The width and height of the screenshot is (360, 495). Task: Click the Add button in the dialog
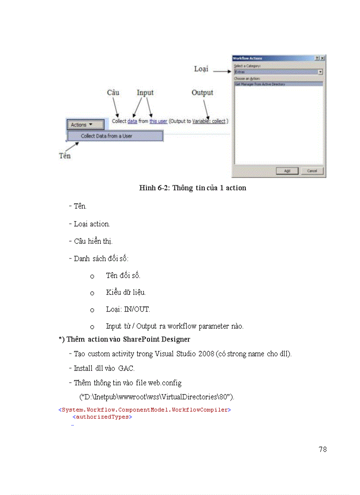click(287, 171)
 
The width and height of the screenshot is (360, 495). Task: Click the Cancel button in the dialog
click(312, 171)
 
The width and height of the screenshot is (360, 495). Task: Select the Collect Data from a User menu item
click(115, 136)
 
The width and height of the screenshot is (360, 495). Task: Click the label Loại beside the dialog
click(201, 69)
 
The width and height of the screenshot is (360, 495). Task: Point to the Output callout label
click(202, 93)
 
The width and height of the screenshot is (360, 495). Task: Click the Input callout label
click(145, 93)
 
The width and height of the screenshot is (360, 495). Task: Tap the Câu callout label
click(113, 93)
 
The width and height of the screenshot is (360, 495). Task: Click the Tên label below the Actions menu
click(65, 156)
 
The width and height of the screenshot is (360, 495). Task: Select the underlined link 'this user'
click(158, 121)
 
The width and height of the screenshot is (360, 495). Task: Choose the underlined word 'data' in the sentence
click(132, 121)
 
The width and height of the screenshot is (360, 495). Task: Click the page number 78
click(322, 449)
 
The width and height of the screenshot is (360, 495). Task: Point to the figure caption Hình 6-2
click(192, 188)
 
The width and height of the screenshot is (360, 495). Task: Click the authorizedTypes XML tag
click(102, 417)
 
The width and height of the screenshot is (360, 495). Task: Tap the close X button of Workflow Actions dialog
click(322, 58)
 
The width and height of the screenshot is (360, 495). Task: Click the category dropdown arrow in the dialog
click(320, 71)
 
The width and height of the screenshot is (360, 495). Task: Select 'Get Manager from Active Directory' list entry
click(260, 84)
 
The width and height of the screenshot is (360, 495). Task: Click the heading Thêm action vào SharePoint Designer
click(124, 339)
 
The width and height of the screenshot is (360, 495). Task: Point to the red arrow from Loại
click(222, 70)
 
